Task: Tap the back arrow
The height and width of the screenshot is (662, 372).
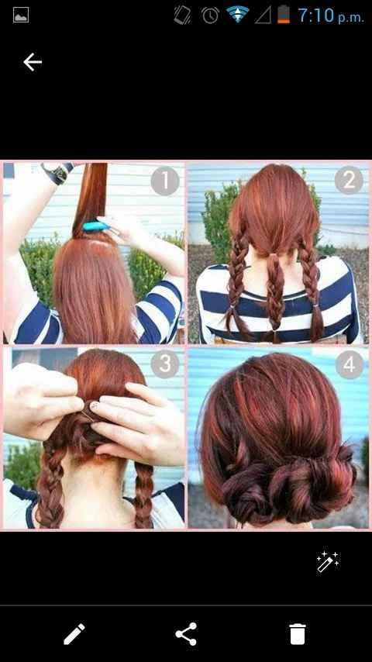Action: [33, 62]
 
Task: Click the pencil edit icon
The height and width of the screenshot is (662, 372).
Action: [74, 634]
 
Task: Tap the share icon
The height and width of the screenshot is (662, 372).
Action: [186, 634]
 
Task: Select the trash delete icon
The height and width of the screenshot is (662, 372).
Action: [298, 634]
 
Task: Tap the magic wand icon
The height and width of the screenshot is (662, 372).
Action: [328, 561]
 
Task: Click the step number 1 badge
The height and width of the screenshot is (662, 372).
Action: [165, 181]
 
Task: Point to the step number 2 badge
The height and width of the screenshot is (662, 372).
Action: [350, 180]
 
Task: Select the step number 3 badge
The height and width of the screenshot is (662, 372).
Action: [165, 363]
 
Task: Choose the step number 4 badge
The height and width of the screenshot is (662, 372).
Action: [350, 364]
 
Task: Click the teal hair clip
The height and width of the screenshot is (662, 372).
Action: [96, 226]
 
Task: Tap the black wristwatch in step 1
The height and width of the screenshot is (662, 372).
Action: [57, 173]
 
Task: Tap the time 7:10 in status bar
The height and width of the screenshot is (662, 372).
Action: [316, 16]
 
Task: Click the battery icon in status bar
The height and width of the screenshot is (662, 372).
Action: [284, 15]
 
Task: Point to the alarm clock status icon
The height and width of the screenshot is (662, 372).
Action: [210, 16]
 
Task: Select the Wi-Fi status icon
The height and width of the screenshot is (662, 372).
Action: [238, 15]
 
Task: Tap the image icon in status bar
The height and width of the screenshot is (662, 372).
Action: [21, 16]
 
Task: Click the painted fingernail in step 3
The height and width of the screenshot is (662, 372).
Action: [95, 406]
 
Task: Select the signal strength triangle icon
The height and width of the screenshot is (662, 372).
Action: [263, 16]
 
